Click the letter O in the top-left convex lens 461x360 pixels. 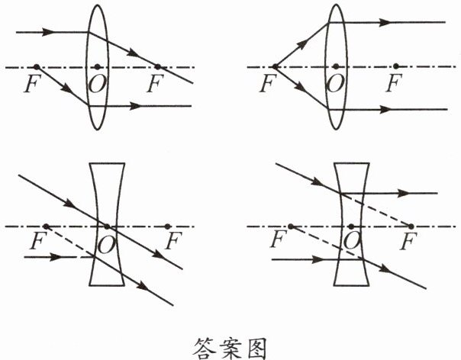pyautogui.click(x=97, y=82)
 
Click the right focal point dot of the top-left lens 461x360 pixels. pyautogui.click(x=158, y=67)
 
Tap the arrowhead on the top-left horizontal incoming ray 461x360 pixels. pyautogui.click(x=50, y=33)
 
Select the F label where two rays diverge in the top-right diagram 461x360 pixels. pyautogui.click(x=266, y=82)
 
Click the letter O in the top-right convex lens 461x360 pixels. pyautogui.click(x=334, y=82)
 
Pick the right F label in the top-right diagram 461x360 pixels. pyautogui.click(x=393, y=82)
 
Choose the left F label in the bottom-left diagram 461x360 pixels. pyautogui.click(x=34, y=243)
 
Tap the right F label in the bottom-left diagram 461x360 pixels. pyautogui.click(x=173, y=243)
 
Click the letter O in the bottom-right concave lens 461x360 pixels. pyautogui.click(x=351, y=243)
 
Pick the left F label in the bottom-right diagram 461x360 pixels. pyautogui.click(x=279, y=243)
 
